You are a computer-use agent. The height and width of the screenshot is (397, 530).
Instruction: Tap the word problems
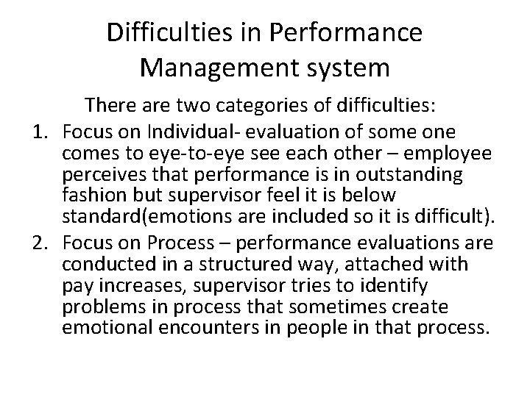(x=99, y=306)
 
